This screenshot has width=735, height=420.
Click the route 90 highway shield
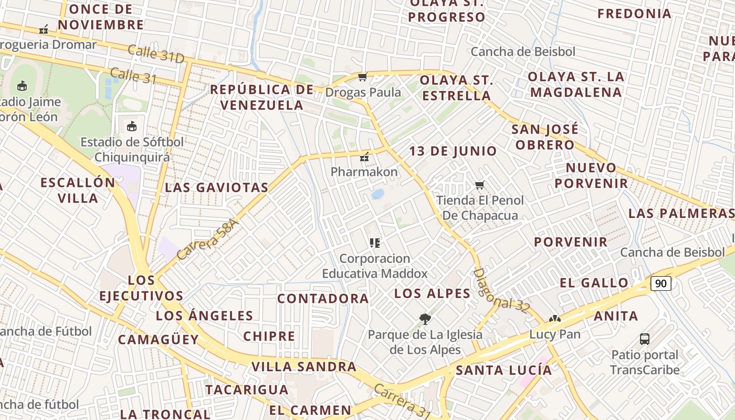661,283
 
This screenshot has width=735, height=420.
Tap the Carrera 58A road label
208,239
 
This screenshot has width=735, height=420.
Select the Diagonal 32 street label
501,291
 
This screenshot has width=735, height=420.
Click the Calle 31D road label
155,54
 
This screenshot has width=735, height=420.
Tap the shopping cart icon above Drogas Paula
362,78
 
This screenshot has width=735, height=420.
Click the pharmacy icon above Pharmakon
364,157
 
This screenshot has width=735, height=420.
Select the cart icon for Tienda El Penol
479,185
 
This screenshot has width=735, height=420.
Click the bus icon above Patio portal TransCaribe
645,339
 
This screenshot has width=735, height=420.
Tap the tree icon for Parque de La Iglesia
425,319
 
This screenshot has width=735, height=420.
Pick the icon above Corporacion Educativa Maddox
374,243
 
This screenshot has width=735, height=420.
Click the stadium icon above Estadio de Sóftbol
132,126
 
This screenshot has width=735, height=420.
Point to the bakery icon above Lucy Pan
554,319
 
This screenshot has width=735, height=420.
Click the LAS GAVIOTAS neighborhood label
216,187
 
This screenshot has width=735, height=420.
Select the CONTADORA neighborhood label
323,299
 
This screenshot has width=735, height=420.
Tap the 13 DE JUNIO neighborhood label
453,151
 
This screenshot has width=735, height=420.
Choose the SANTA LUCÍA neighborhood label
503,370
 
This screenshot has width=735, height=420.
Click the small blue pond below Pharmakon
377,194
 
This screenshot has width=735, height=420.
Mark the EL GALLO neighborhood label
594,283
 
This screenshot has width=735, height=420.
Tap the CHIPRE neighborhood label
269,337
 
